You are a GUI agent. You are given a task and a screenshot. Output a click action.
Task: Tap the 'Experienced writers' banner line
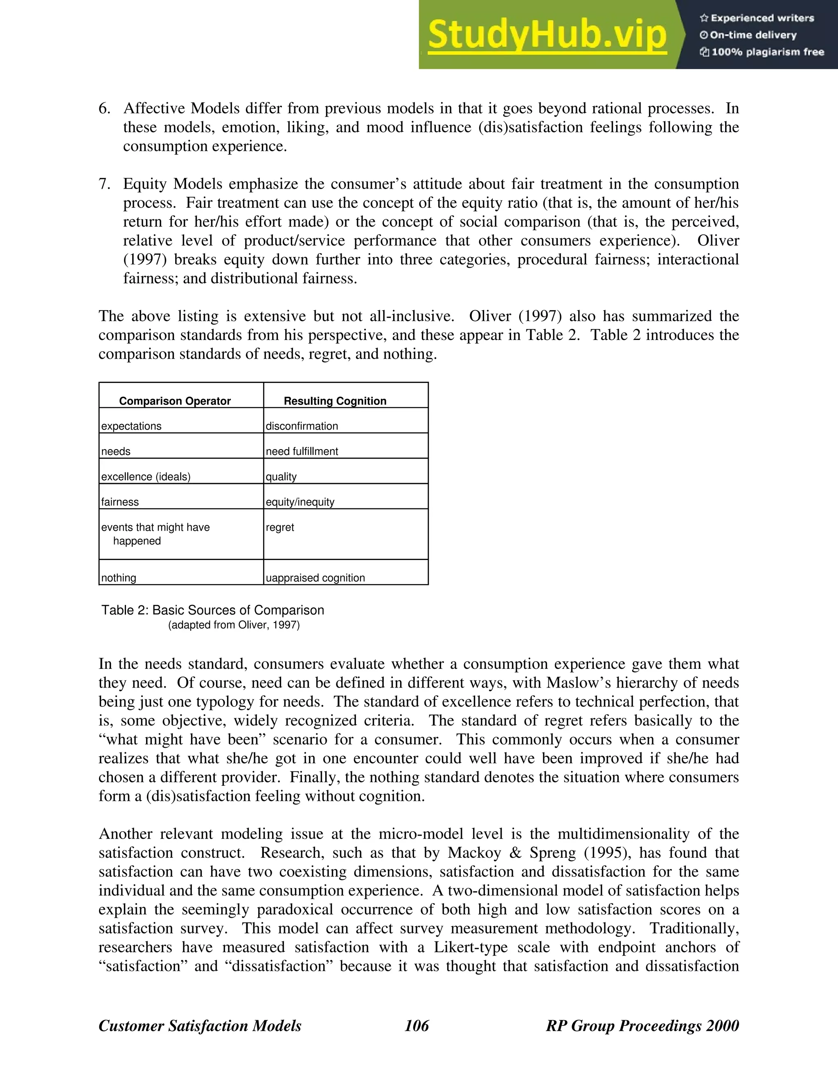pyautogui.click(x=757, y=18)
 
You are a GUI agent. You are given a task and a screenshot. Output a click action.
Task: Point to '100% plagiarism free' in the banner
pyautogui.click(x=761, y=52)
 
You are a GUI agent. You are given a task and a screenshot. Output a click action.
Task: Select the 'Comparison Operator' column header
pyautogui.click(x=175, y=400)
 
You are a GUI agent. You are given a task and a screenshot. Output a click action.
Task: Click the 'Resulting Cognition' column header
pyautogui.click(x=335, y=400)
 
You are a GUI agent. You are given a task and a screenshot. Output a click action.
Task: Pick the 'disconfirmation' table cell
pyautogui.click(x=302, y=426)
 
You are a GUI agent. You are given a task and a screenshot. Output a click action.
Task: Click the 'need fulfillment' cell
pyautogui.click(x=302, y=451)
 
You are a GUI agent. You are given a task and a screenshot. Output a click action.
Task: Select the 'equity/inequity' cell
pyautogui.click(x=300, y=502)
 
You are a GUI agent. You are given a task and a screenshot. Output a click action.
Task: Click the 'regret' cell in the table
pyautogui.click(x=280, y=527)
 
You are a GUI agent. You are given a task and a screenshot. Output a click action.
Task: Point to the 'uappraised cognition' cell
pyautogui.click(x=315, y=578)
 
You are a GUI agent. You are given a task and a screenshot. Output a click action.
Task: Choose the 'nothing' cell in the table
pyautogui.click(x=119, y=578)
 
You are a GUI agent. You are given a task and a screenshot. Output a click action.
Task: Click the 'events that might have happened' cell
pyautogui.click(x=155, y=533)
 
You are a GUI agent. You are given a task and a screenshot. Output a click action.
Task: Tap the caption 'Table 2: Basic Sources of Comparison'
pyautogui.click(x=212, y=610)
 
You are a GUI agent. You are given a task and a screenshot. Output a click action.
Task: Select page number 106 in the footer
pyautogui.click(x=417, y=1026)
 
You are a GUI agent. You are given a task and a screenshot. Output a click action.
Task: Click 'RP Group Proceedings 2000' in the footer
pyautogui.click(x=642, y=1026)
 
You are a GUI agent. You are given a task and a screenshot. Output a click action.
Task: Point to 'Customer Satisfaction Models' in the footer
pyautogui.click(x=200, y=1026)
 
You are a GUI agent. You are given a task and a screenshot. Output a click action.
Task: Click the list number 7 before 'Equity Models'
pyautogui.click(x=104, y=184)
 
